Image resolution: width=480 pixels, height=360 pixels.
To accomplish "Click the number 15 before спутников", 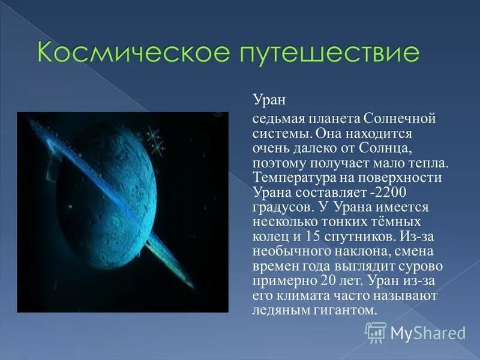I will click(312, 237).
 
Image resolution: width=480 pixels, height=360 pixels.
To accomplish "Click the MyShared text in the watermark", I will click(427, 332).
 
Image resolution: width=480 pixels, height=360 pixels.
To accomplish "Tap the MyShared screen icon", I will click(375, 332).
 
